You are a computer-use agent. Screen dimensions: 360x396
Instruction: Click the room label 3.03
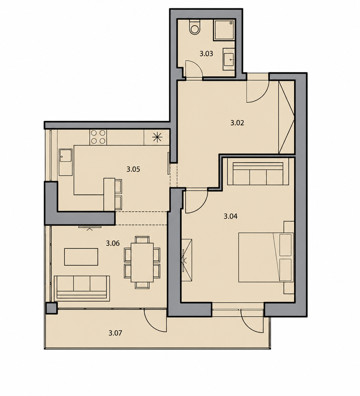coord(206,54)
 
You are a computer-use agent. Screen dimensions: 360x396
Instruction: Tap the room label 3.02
coord(237,123)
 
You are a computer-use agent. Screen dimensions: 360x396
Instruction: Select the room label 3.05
coord(133,169)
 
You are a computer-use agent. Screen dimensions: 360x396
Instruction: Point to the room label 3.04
coord(230,216)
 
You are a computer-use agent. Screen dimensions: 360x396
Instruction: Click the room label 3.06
coord(113,243)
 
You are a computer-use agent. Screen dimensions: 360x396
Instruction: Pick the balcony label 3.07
coord(115,333)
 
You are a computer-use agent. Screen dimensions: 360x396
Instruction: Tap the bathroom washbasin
coord(229,59)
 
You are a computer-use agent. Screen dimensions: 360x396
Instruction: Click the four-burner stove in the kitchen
coord(98,137)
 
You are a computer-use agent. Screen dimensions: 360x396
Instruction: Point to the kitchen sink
coord(66,162)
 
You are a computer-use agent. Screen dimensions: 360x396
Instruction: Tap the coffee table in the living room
coord(81,257)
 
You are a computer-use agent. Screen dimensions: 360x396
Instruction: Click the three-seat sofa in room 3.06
coord(82,288)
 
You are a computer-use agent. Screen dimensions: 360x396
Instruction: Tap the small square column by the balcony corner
coord(51,308)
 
